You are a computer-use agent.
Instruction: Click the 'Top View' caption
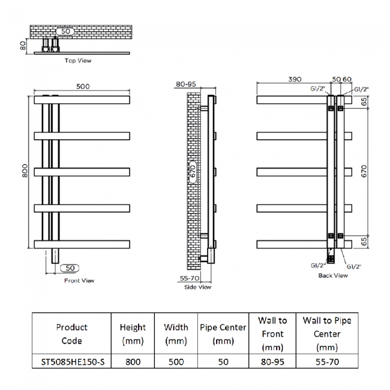pos(78,61)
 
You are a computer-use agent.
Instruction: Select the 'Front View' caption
pos(80,280)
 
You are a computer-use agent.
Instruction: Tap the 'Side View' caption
pos(197,287)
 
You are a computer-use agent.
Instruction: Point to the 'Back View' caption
pos(333,275)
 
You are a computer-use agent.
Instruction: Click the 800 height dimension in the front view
pos(25,172)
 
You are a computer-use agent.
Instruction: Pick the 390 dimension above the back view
pos(293,79)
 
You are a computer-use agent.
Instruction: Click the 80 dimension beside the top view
pos(23,45)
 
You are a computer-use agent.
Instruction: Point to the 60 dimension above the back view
pos(347,79)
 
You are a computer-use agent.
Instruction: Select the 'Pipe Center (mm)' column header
pos(223,334)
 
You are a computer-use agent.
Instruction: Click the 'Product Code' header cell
pos(71,334)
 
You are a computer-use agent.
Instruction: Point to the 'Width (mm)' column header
pos(176,334)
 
